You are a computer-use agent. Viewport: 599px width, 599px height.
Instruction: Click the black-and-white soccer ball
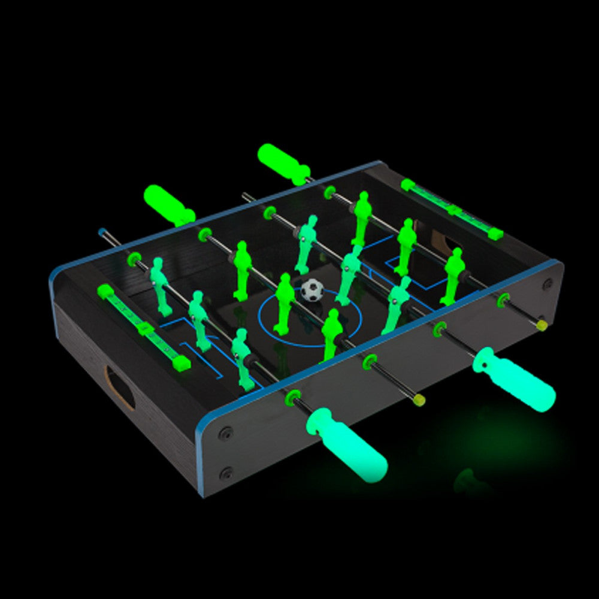311,290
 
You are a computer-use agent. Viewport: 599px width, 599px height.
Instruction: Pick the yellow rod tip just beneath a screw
542,325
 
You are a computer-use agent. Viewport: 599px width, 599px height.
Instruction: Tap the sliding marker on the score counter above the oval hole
144,328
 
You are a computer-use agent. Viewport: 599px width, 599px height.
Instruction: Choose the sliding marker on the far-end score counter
453,210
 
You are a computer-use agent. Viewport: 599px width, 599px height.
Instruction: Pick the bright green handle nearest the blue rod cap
168,204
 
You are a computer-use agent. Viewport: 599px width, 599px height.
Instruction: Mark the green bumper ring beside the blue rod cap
133,259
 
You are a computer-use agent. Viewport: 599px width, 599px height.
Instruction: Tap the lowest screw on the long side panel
226,473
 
